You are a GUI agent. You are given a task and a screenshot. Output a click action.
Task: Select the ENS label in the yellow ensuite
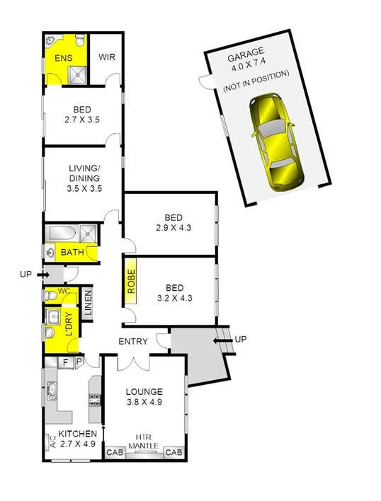click(x=64, y=58)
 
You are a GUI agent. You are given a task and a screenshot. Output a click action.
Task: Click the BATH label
click(x=72, y=252)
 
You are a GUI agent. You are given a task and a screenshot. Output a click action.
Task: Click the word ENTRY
click(x=133, y=342)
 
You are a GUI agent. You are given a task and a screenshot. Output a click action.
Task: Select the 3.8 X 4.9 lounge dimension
click(x=144, y=405)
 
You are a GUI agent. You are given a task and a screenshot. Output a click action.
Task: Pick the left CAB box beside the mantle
click(x=114, y=453)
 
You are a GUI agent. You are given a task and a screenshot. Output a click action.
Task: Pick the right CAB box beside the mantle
click(x=174, y=453)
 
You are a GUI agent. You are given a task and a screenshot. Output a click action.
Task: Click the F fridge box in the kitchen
click(x=65, y=362)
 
